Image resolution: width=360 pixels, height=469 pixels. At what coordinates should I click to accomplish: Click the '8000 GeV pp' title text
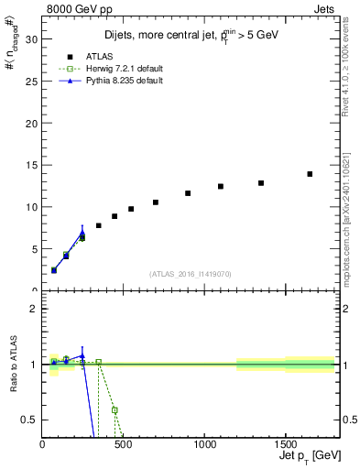click(81, 8)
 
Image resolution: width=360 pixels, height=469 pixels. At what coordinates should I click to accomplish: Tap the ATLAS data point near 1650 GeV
click(310, 174)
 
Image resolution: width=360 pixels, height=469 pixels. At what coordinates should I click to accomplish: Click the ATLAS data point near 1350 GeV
click(261, 183)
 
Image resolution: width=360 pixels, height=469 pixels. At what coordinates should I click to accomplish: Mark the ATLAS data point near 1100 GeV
click(221, 186)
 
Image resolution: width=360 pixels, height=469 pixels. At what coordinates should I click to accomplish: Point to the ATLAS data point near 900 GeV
click(188, 193)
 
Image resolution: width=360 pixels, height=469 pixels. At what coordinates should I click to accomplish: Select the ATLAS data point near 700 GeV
click(156, 202)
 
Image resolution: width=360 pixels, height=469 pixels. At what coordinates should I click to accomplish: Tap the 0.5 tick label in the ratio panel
click(28, 420)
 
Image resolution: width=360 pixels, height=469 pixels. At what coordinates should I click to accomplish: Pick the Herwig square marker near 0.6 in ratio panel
click(115, 410)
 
